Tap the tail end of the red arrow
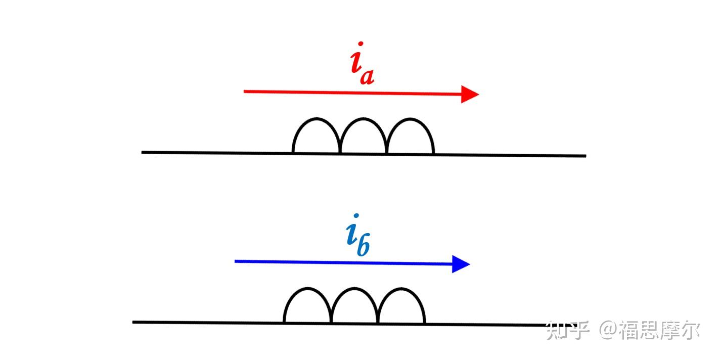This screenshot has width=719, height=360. tap(245, 92)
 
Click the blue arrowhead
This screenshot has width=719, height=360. tap(461, 264)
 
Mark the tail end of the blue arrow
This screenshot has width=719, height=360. tap(236, 261)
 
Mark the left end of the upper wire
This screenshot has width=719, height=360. tap(143, 152)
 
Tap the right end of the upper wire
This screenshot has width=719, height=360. tap(585, 156)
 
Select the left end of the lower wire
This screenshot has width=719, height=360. tap(134, 322)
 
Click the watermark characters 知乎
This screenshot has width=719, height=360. tap(568, 331)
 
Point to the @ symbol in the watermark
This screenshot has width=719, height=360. tap(609, 331)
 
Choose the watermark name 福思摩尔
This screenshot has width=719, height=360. tap(660, 331)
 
